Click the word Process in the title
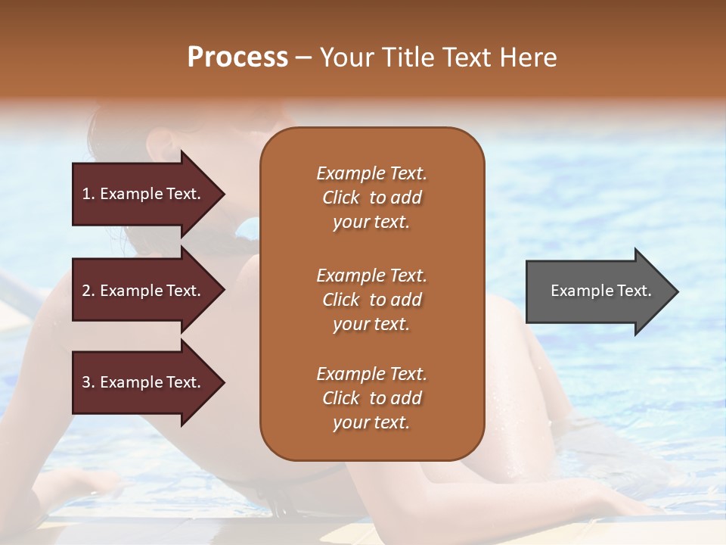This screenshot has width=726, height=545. point(237,58)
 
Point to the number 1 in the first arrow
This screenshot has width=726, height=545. point(86,194)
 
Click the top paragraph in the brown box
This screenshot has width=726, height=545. point(371,198)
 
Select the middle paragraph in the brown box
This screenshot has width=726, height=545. point(371,300)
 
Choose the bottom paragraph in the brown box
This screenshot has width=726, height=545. point(371,398)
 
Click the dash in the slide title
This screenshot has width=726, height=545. point(304,58)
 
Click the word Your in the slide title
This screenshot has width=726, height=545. point(344,58)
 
